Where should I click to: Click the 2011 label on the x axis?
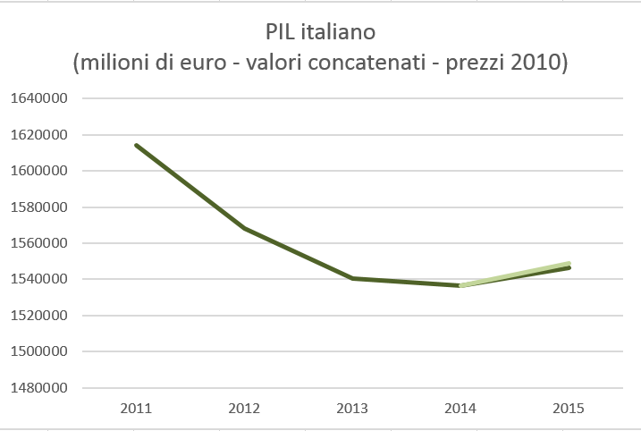pos(136,410)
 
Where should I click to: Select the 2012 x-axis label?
pos(244,410)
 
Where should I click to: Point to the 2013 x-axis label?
pos(352,410)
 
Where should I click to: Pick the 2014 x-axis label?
pos(460,410)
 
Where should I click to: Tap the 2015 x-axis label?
pos(569,410)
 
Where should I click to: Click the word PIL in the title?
pos(283,33)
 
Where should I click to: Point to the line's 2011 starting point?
pos(137,145)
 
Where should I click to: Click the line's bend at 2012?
pos(244,228)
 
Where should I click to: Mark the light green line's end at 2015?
pos(569,263)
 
